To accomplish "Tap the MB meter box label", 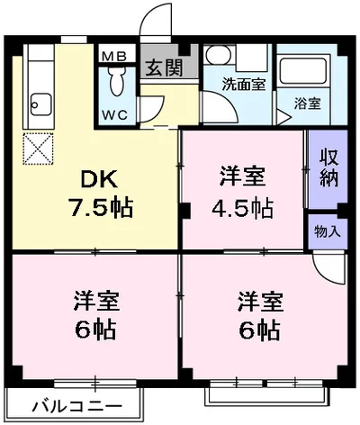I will (x=113, y=56).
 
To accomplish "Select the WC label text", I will (x=113, y=114).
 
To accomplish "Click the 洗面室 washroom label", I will (x=243, y=85).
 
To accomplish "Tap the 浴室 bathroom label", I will (x=308, y=104).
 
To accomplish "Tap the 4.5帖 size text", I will (x=242, y=208).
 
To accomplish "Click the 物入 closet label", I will (x=328, y=231).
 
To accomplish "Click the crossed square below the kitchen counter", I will (x=38, y=149).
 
